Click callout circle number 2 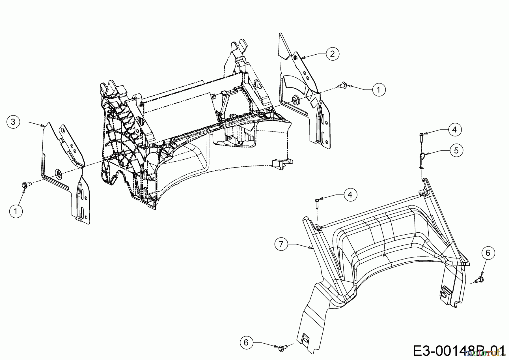click(x=332, y=53)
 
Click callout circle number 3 click(x=13, y=122)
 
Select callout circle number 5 click(x=456, y=151)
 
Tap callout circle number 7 click(x=281, y=244)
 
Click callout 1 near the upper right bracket click(x=378, y=90)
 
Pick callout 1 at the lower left click(x=16, y=211)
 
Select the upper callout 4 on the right click(x=454, y=130)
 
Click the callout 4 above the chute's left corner click(x=350, y=195)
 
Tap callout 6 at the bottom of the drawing click(x=246, y=343)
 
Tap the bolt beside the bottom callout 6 click(x=282, y=347)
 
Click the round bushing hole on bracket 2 click(x=296, y=99)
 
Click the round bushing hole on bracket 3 click(x=59, y=173)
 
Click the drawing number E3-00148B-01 click(x=458, y=352)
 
